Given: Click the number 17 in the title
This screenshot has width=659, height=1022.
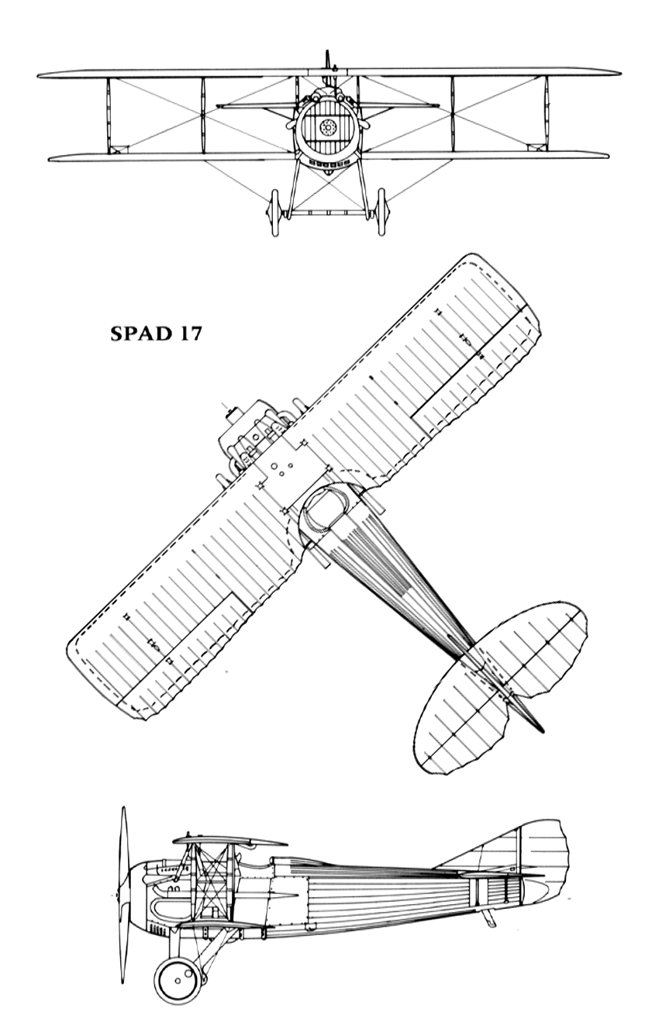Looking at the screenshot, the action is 188,334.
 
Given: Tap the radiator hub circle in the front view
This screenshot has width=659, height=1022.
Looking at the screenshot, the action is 327,127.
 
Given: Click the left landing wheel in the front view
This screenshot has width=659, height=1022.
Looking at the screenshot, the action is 275,212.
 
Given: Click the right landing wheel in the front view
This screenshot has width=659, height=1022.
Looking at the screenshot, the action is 381,212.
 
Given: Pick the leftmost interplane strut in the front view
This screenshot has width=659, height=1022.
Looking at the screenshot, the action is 109,115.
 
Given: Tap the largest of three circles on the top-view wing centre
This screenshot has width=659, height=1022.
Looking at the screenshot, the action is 274,466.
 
